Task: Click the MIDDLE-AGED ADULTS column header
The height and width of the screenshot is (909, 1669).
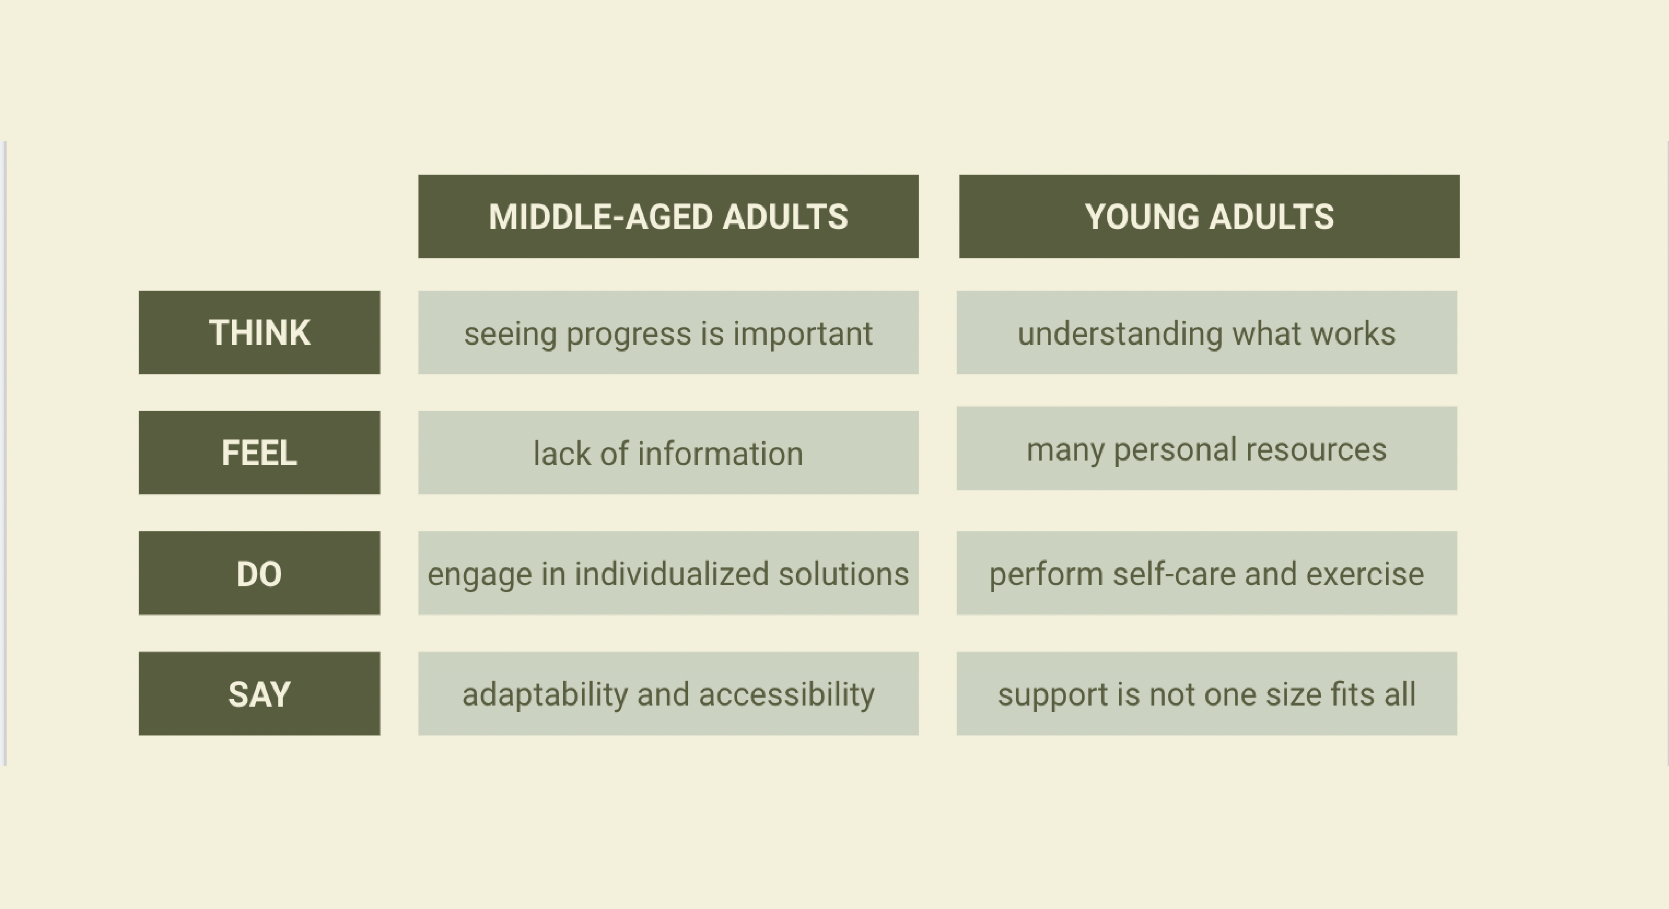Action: pyautogui.click(x=668, y=216)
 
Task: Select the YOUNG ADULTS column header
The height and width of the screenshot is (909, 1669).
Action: pyautogui.click(x=1209, y=216)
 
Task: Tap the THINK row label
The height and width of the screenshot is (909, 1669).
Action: pyautogui.click(x=259, y=332)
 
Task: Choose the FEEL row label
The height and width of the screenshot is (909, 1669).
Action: pyautogui.click(x=259, y=452)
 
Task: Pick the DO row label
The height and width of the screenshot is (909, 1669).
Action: pyautogui.click(x=259, y=573)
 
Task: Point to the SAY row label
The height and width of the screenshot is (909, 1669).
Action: pyautogui.click(x=259, y=693)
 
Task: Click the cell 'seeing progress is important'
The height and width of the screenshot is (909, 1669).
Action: pyautogui.click(x=668, y=332)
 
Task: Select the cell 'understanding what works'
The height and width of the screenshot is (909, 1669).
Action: pyautogui.click(x=1206, y=332)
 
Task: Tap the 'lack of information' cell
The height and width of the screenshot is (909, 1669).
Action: pyautogui.click(x=668, y=452)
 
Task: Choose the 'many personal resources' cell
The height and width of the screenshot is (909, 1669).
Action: pyautogui.click(x=1206, y=448)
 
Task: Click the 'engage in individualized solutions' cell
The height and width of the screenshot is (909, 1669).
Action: pyautogui.click(x=668, y=573)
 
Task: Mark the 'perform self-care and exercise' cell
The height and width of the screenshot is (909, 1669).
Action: pyautogui.click(x=1206, y=573)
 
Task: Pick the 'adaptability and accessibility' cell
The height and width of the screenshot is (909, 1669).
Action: pyautogui.click(x=668, y=693)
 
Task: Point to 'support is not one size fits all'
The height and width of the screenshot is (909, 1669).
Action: pyautogui.click(x=1206, y=693)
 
